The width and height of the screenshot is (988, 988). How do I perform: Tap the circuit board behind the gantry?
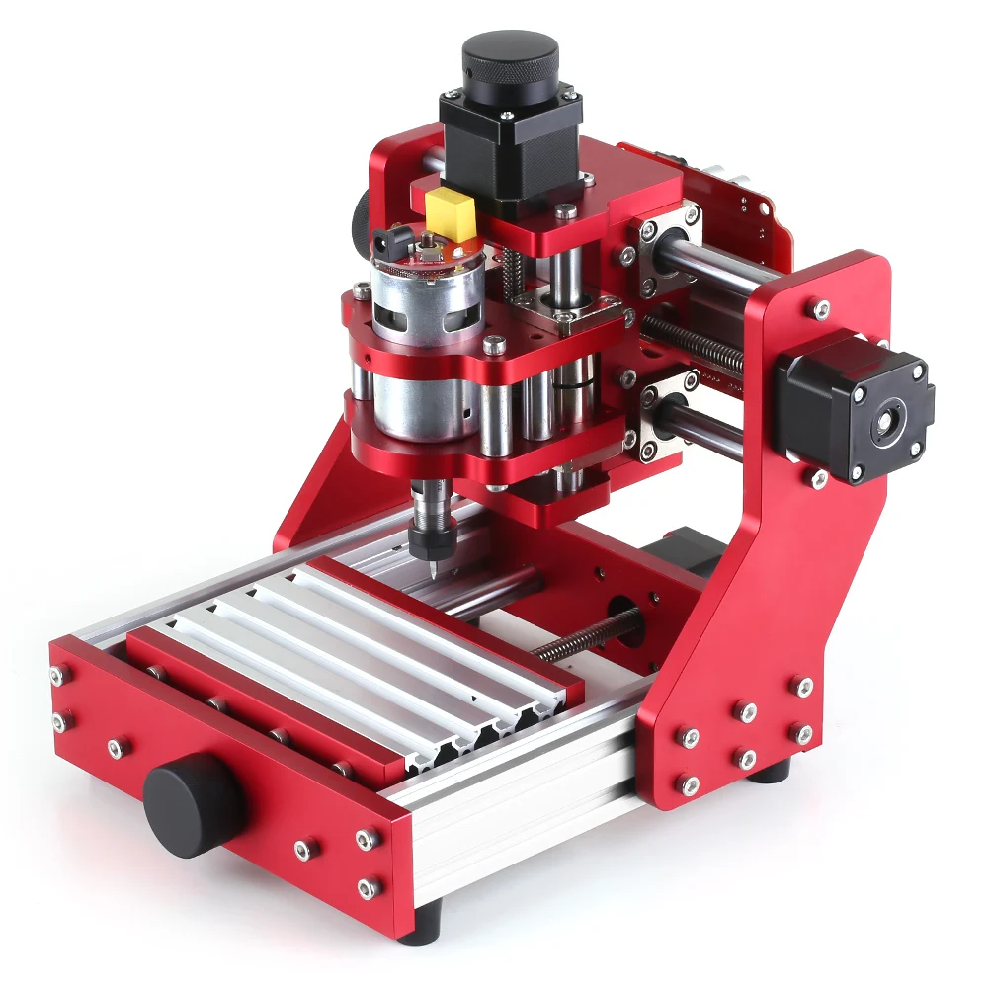(x=731, y=198)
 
